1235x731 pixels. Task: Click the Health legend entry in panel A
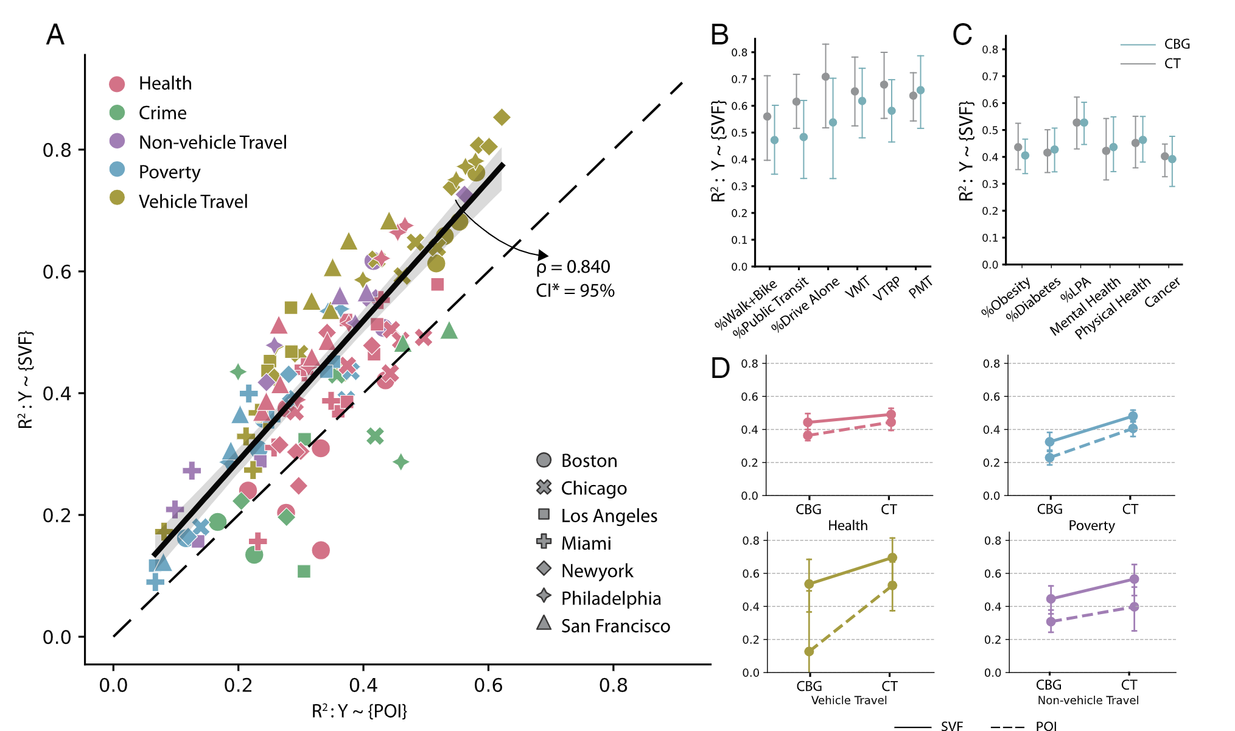(x=164, y=83)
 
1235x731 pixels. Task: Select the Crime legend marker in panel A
(x=117, y=113)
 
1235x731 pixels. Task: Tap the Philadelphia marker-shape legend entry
(x=611, y=598)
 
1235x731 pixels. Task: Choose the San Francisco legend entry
(x=615, y=626)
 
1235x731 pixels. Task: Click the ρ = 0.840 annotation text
(x=573, y=267)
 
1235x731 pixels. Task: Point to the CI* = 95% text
(x=575, y=291)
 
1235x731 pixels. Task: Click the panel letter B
(x=719, y=35)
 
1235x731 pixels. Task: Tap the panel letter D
(x=720, y=368)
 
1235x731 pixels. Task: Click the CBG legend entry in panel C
(x=1177, y=44)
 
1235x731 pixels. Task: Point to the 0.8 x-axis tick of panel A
(x=613, y=685)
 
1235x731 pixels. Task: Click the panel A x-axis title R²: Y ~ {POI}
(x=359, y=711)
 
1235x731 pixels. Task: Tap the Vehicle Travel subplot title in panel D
(x=848, y=701)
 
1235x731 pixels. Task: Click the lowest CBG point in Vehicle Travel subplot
(x=809, y=651)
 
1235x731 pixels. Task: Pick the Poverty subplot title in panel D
(x=1091, y=526)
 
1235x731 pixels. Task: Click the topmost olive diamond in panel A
(x=502, y=117)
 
